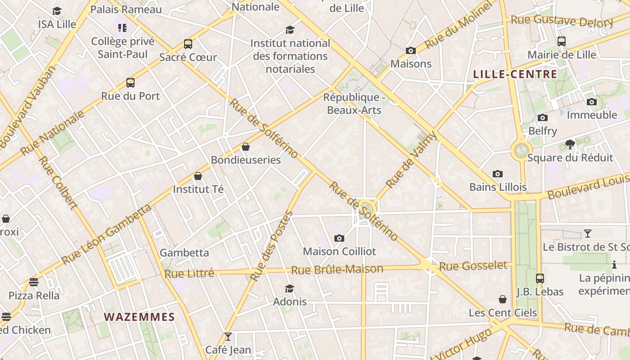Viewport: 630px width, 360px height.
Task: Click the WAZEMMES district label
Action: tap(139, 317)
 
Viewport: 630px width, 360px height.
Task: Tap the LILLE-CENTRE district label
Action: tap(515, 74)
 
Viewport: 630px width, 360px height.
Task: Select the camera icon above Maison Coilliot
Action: tap(339, 238)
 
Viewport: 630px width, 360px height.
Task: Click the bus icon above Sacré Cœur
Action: tap(188, 44)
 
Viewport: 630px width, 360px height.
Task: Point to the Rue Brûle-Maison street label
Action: tap(337, 270)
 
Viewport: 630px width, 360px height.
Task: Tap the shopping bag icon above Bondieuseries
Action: tap(246, 147)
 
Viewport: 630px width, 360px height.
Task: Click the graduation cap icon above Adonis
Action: tap(290, 288)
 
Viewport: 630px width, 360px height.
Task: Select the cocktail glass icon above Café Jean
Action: tap(228, 337)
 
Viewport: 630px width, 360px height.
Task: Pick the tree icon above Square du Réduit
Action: tap(570, 144)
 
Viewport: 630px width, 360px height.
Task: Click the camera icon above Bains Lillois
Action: tap(498, 174)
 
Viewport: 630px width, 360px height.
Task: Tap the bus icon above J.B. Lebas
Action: tap(540, 279)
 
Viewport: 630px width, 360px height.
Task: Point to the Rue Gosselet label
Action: tap(473, 266)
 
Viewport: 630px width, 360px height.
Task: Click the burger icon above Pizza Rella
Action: tap(34, 283)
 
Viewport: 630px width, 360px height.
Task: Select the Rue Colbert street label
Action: tap(58, 183)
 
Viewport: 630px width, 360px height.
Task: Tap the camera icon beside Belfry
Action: tap(543, 118)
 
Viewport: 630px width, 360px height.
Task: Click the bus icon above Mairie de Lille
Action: tap(562, 41)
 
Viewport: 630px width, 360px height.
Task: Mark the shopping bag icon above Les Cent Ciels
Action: tap(503, 299)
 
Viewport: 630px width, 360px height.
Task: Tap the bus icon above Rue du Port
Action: tap(130, 83)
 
